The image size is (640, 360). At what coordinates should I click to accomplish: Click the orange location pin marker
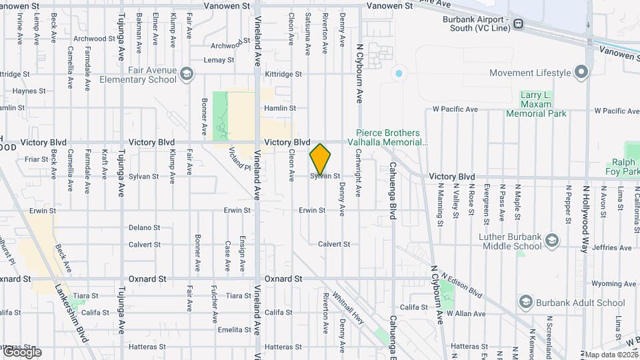coord(320,159)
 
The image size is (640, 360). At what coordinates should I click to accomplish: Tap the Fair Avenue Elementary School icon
coord(187,74)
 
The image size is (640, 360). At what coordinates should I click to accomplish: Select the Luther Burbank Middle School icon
coord(551,240)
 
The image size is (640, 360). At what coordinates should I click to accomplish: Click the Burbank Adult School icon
coord(525,303)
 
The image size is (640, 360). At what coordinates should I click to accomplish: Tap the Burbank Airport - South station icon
coord(517,23)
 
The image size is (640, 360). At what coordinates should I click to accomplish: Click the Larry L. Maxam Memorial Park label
coord(536,105)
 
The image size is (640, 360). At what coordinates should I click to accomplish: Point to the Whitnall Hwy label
coord(347,308)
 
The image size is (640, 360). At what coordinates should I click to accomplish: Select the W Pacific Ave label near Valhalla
coord(455,109)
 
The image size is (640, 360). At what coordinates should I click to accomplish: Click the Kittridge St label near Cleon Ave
coord(283,74)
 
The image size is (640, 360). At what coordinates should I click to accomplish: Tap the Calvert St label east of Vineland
coord(333,245)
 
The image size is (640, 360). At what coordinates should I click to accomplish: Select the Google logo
coord(21,351)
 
